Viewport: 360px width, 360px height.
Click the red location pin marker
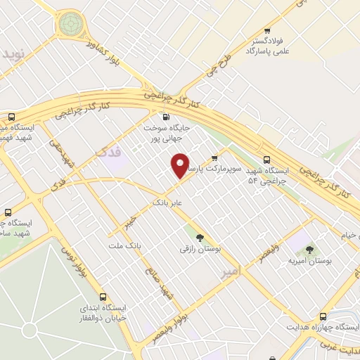point(181,166)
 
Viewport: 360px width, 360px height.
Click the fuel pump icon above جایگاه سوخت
point(166,117)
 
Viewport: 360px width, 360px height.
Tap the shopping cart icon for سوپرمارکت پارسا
point(214,157)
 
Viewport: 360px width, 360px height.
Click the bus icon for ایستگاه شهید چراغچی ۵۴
point(265,160)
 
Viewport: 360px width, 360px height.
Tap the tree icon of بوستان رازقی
point(199,237)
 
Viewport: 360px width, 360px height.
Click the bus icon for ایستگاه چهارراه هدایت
point(323,317)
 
